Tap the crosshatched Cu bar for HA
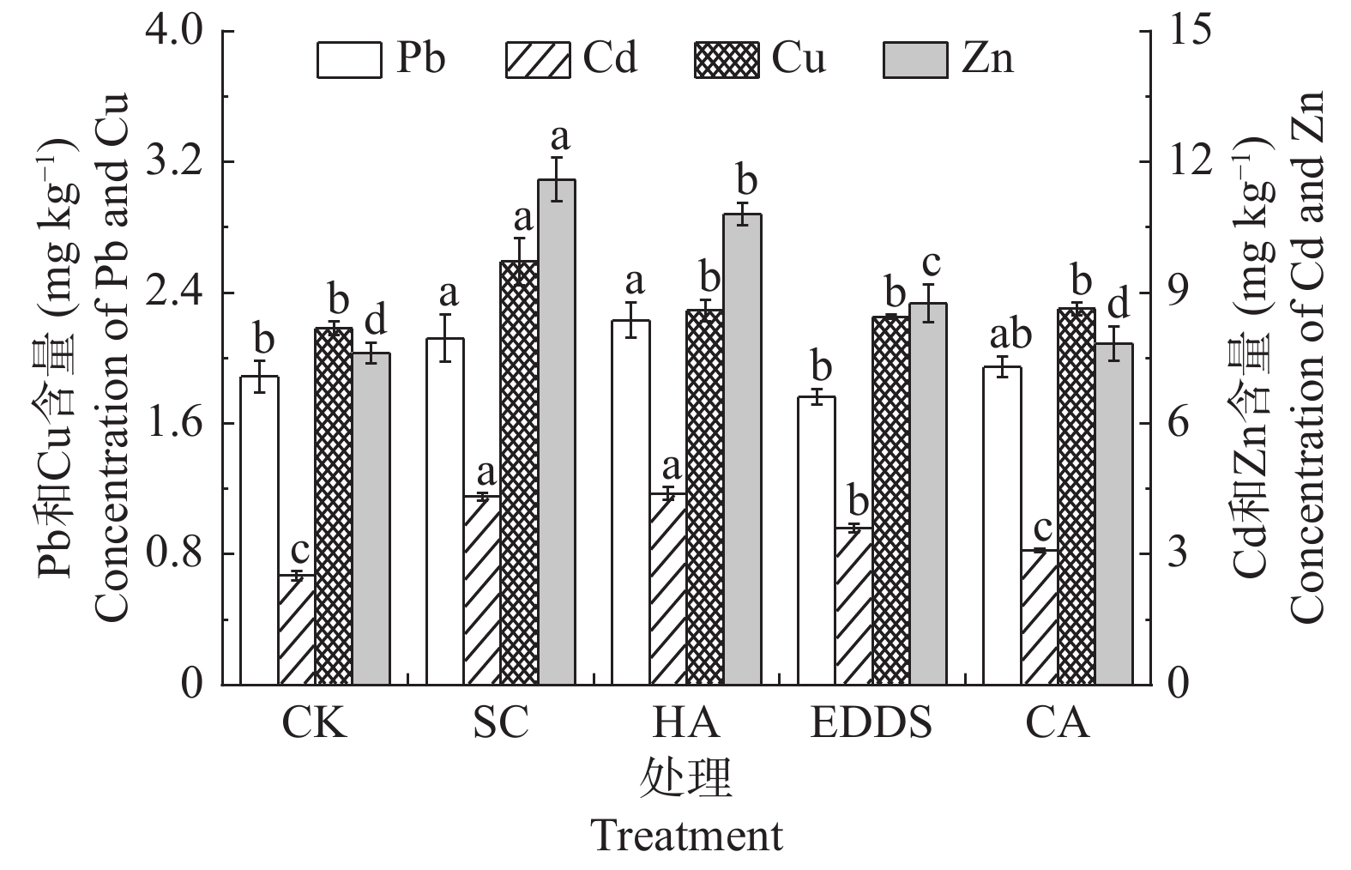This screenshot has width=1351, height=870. (x=704, y=497)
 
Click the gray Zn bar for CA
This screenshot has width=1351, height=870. (x=1113, y=514)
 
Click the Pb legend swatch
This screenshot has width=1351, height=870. (x=349, y=61)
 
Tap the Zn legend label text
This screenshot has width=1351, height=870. (x=987, y=60)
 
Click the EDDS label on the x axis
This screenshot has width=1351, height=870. (x=872, y=725)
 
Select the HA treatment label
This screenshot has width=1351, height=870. (x=686, y=725)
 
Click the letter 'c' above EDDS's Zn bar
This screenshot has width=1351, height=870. (x=932, y=262)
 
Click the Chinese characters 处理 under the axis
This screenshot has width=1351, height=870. (x=686, y=780)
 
